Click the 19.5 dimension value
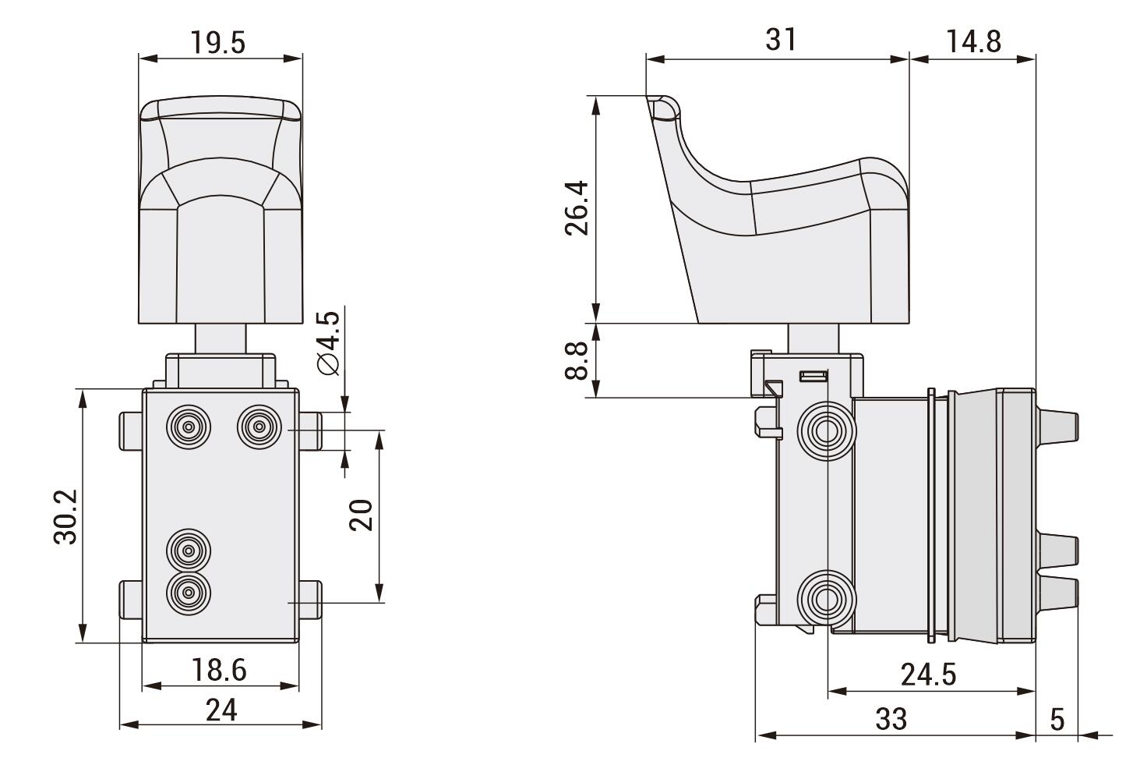(218, 43)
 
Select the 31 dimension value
(781, 40)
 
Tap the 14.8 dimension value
(973, 41)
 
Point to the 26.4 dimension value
(577, 208)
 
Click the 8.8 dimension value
(577, 360)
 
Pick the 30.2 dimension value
(65, 516)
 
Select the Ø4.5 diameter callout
(328, 342)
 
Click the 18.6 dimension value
(219, 670)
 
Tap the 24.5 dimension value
(929, 675)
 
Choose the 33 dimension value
(891, 719)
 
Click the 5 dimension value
(1057, 720)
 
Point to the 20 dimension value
(361, 515)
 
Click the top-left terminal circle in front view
(189, 427)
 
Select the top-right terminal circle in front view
(259, 427)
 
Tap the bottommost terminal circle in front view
(189, 593)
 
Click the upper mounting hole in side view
(827, 430)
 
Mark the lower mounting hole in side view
(827, 600)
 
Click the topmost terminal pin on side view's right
(1059, 427)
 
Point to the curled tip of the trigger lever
(664, 108)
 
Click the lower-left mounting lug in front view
(131, 600)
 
